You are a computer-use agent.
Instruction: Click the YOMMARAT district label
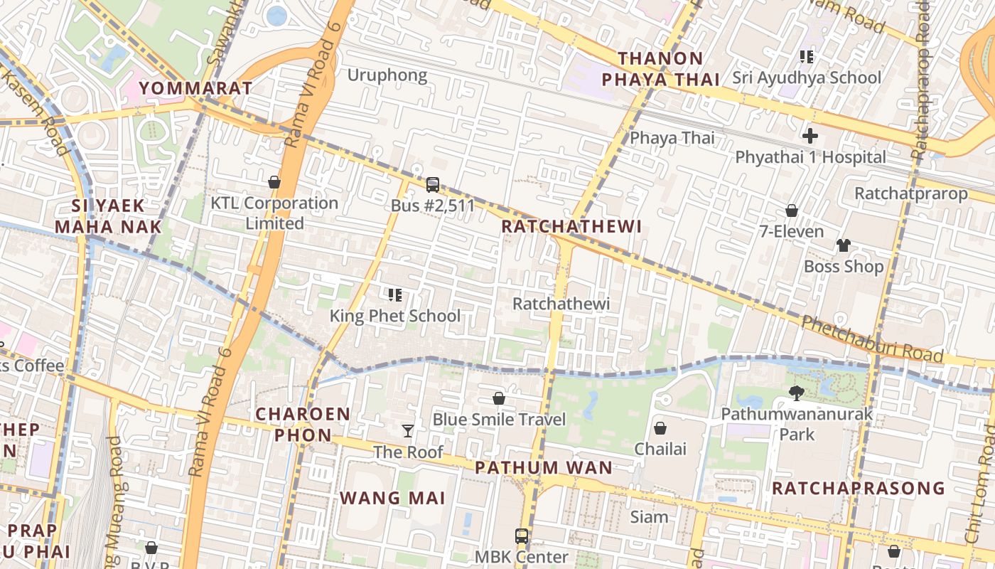[195, 88]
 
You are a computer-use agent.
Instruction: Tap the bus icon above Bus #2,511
[432, 185]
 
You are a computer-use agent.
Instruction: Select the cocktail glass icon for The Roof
[408, 430]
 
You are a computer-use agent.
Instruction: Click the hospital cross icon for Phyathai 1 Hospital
[810, 136]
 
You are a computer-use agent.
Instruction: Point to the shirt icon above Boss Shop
[843, 245]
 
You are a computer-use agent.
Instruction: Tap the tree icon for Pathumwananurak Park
[797, 393]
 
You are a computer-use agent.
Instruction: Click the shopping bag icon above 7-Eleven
[791, 211]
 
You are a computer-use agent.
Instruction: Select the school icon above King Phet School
[395, 294]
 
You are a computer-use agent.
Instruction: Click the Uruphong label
[387, 75]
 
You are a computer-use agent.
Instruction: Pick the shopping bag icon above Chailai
[660, 427]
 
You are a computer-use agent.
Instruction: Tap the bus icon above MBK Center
[522, 536]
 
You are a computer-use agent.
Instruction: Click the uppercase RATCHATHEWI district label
[571, 226]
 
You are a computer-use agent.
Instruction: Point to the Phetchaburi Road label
[872, 341]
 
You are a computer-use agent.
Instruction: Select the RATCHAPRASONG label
[859, 488]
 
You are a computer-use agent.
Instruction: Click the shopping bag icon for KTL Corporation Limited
[274, 182]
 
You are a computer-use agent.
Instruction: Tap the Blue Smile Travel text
[499, 420]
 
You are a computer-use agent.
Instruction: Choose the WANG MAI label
[392, 498]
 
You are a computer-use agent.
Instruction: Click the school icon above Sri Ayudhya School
[806, 56]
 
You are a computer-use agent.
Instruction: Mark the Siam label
[649, 516]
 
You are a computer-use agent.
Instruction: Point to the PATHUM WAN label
[544, 467]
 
